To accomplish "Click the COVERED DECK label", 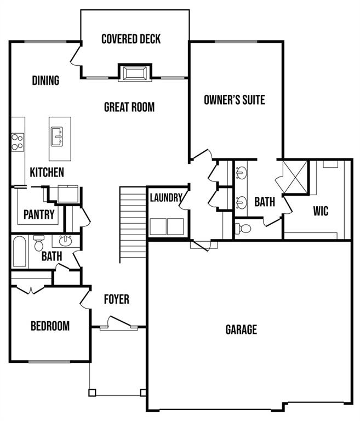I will point(131,39).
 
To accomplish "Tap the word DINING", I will point(45,81).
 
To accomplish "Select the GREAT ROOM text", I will point(129,107).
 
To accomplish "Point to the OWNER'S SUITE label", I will point(234,100).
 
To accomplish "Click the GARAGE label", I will point(241,329).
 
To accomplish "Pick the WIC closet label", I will point(321,210).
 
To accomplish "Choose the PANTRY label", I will point(39,214).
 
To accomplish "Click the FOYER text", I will point(117,299).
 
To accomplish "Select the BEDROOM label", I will point(50,326).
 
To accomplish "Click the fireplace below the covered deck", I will point(134,73).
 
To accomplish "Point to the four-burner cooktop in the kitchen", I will point(17,142).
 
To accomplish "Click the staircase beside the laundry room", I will point(132,211).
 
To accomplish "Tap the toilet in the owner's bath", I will point(244,228).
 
